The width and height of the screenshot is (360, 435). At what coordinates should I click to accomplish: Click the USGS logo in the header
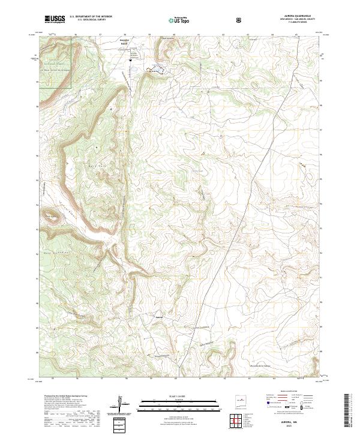click(x=54, y=20)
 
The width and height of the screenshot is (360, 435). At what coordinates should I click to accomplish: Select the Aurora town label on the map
click(x=159, y=317)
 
